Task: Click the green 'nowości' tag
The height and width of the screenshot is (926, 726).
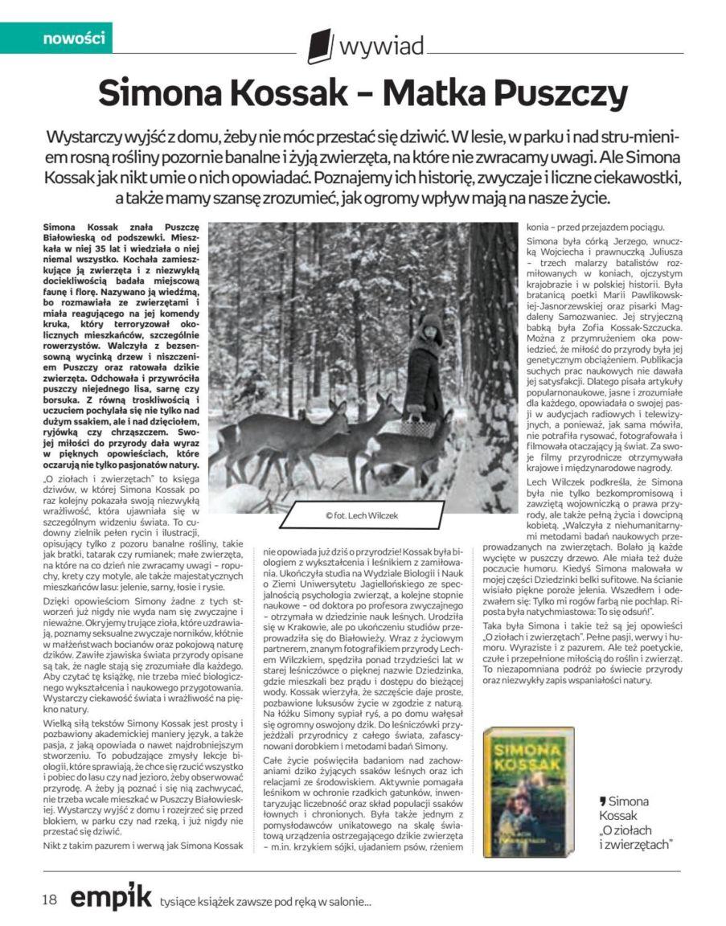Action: pos(66,38)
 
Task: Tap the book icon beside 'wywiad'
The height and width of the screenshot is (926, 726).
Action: pos(319,46)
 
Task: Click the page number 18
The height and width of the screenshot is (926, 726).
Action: pos(52,899)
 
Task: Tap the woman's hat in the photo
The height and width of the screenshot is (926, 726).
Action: pos(430,323)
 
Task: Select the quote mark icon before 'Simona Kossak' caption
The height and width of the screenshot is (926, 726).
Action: pos(602,801)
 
